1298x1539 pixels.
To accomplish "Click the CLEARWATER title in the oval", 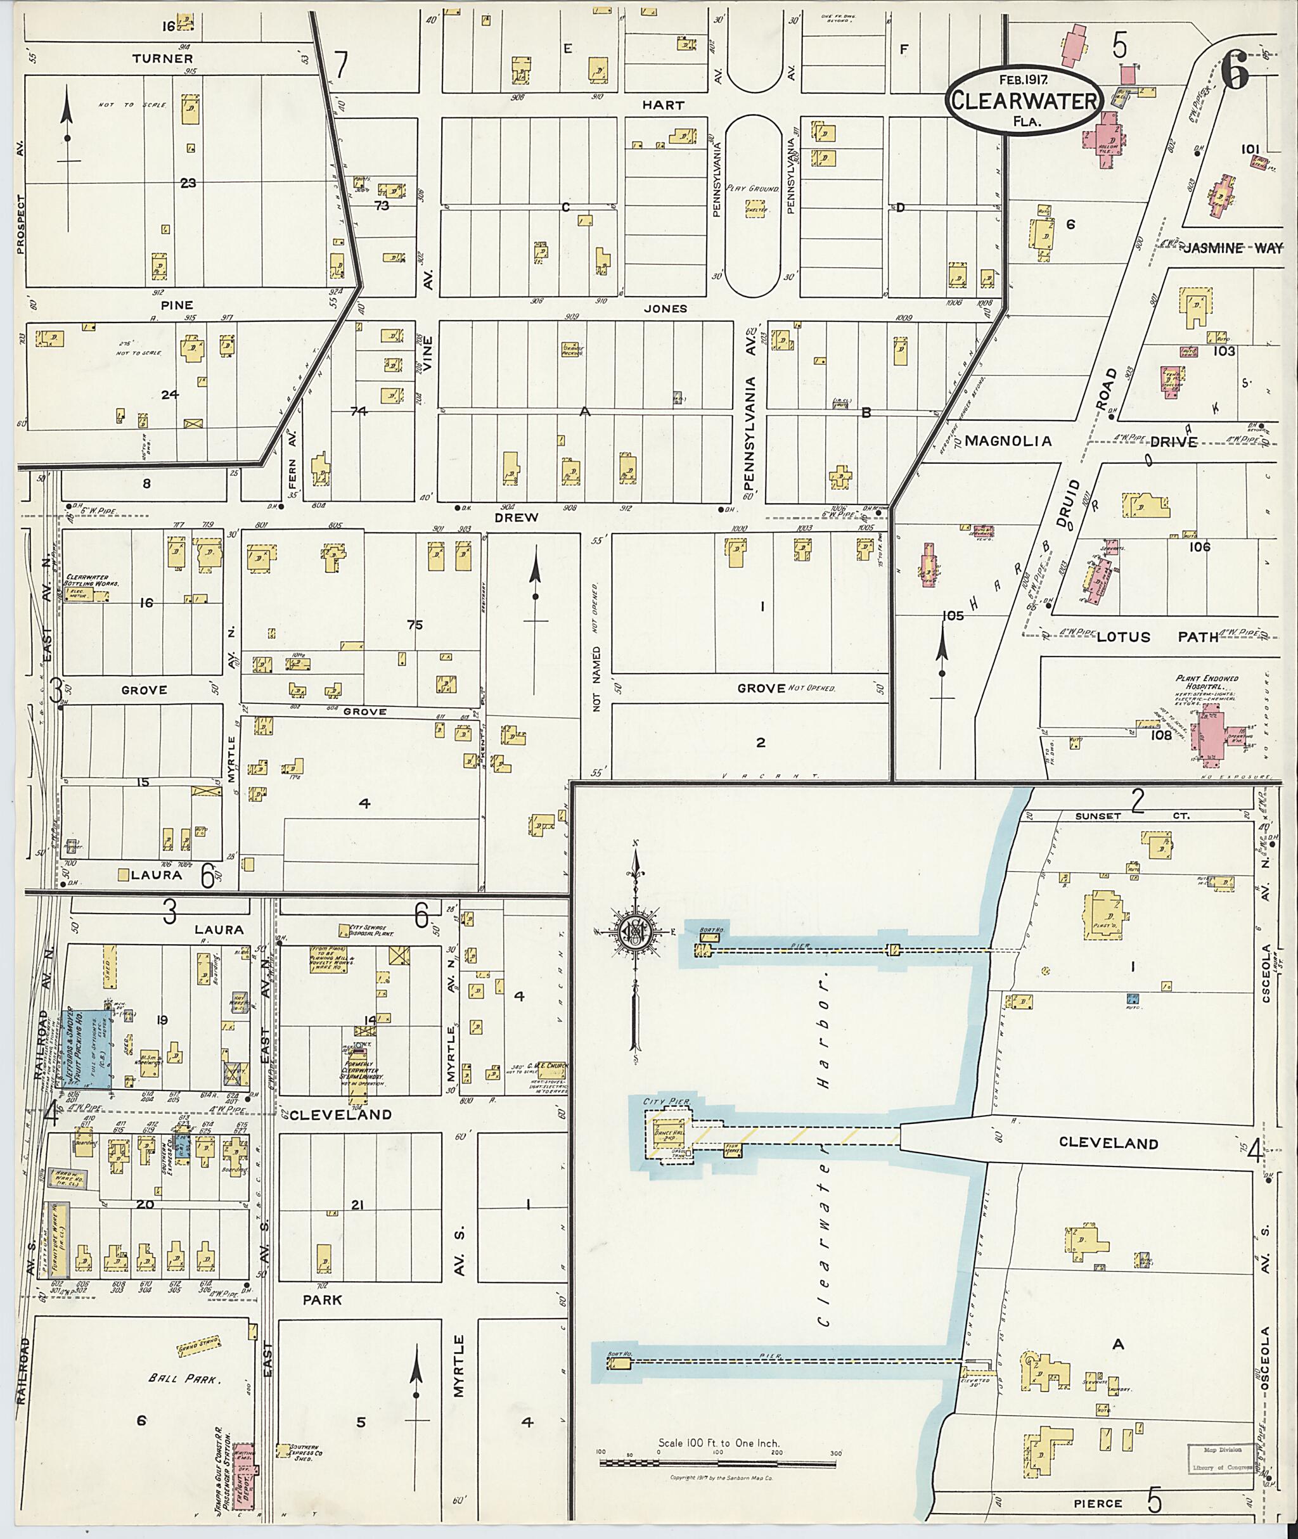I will click(x=1024, y=101).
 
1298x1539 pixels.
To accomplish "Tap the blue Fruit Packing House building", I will click(x=87, y=1049).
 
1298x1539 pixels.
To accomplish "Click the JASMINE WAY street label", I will click(x=1232, y=248).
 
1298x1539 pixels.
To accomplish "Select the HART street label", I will click(x=663, y=105).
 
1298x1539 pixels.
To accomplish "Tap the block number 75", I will click(x=414, y=625).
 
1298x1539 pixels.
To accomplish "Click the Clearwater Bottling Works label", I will click(x=93, y=580).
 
